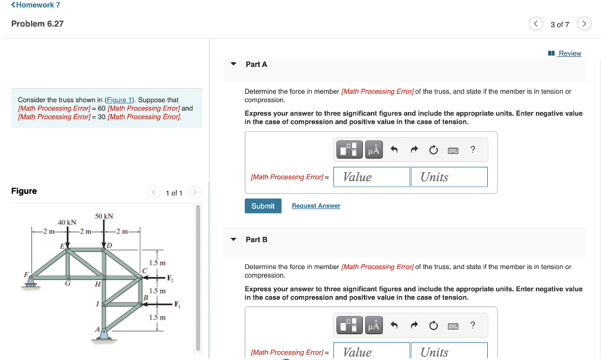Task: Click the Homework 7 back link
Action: tap(35, 5)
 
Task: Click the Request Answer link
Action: tap(316, 206)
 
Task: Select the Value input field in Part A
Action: tap(372, 177)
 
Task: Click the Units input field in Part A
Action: tap(449, 177)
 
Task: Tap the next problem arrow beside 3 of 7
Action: tap(584, 24)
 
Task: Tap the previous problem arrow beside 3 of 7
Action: tap(535, 24)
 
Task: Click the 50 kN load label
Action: tap(104, 217)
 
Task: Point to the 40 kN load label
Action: tap(67, 223)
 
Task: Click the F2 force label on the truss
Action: tap(170, 277)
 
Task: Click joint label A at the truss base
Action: tap(97, 329)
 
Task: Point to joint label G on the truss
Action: tap(68, 284)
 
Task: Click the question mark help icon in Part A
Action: tap(472, 150)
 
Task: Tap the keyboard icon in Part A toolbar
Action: tap(453, 150)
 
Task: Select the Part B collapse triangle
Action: tap(234, 240)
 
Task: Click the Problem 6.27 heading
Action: tap(38, 23)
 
